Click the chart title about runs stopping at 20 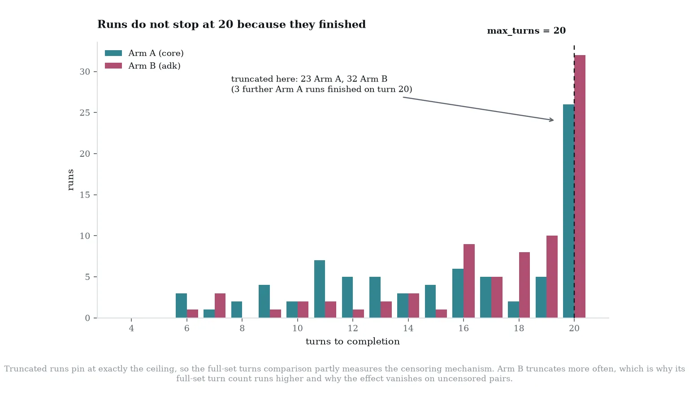tap(231, 24)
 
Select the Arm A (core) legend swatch tap(113, 53)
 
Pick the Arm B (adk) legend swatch tap(113, 66)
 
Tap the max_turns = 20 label tap(526, 31)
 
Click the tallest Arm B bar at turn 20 tap(580, 186)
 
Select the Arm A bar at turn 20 tap(569, 211)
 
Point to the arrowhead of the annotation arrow tap(553, 120)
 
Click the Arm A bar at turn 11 tap(320, 289)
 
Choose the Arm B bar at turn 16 tap(469, 281)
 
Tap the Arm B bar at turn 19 tap(552, 277)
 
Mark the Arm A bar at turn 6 tap(181, 305)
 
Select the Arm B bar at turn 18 tap(524, 285)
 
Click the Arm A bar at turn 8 tap(237, 309)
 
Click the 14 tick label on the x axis tap(408, 328)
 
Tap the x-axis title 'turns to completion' tap(352, 342)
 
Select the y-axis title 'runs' tap(71, 180)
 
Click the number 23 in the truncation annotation tap(306, 79)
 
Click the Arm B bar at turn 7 tap(220, 305)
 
